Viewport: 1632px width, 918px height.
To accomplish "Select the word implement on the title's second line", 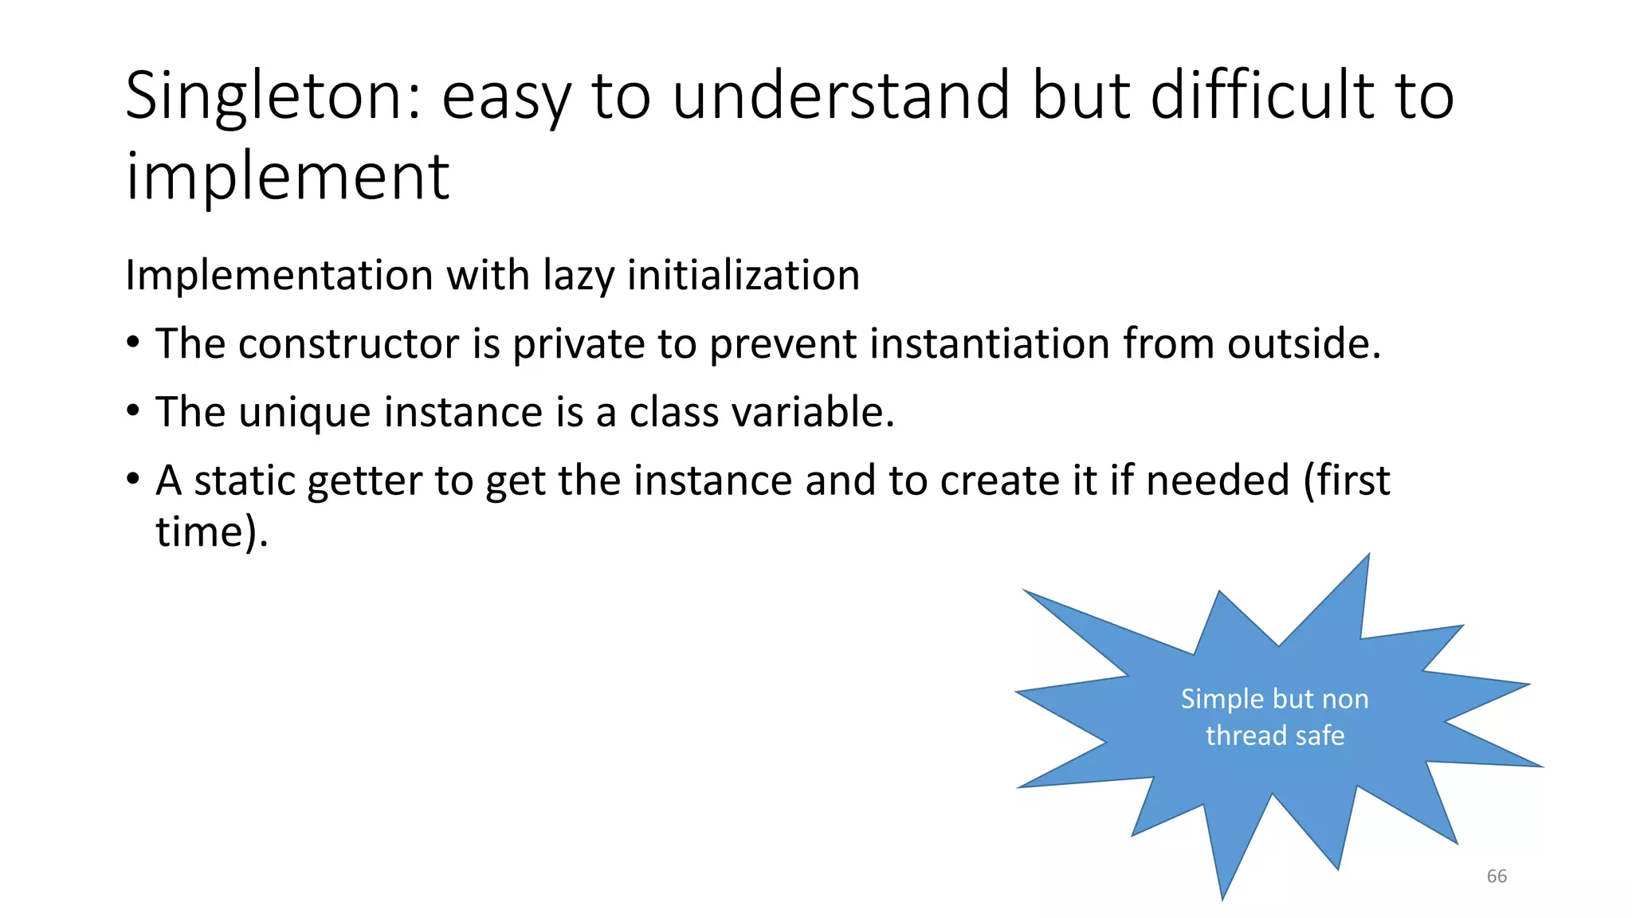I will [288, 177].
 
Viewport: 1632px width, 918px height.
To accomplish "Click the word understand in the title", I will [841, 96].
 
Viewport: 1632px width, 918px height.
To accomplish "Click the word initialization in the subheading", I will [743, 275].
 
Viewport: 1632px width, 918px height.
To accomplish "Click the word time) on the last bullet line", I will [210, 532].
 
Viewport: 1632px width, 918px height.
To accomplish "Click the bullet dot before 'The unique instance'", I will [133, 412].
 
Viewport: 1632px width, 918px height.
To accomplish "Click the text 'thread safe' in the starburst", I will [1274, 736].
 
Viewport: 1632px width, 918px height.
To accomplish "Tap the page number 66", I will [1497, 877].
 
